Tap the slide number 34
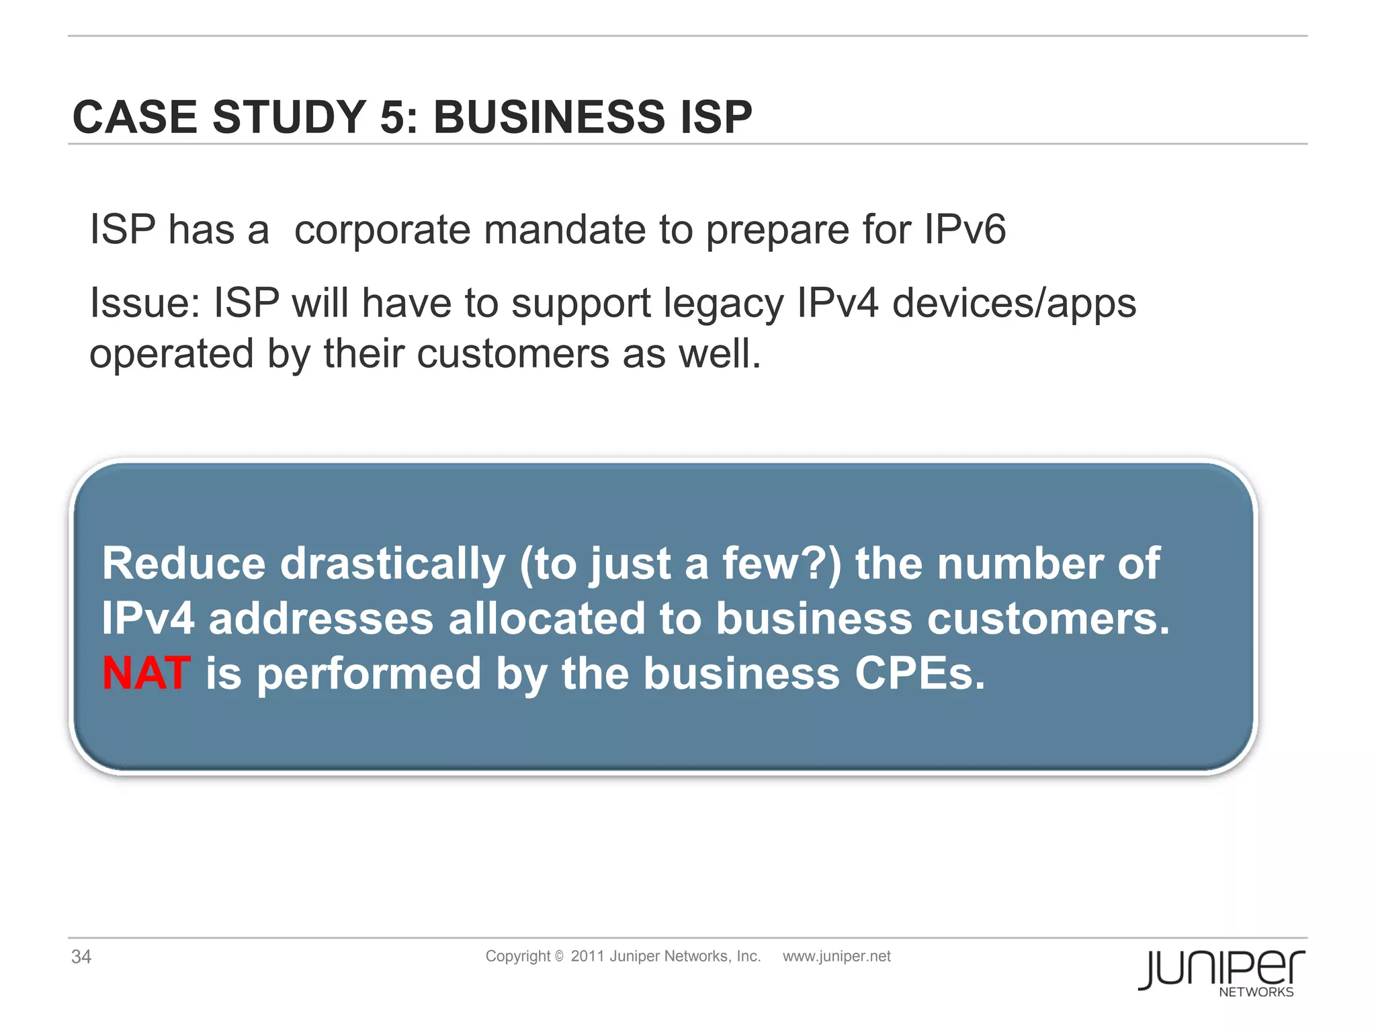81,957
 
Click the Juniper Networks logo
1221,973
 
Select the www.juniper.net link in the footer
836,956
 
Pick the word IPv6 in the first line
964,230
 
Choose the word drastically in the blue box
392,564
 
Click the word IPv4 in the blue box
148,619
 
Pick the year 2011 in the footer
587,956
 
